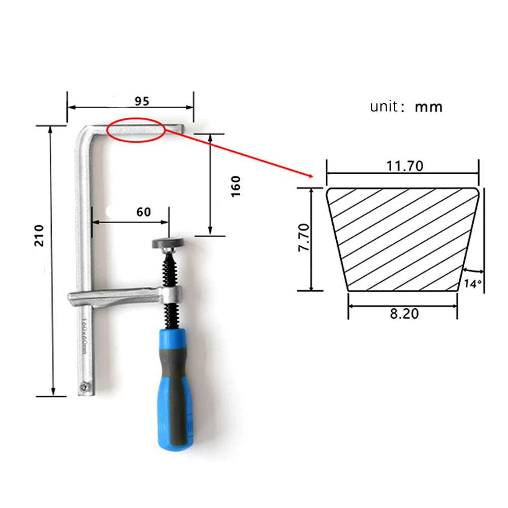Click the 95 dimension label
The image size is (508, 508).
142,101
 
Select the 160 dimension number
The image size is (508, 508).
236,186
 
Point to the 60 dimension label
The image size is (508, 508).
144,212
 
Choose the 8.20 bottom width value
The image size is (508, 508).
404,313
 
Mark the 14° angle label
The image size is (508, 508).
472,283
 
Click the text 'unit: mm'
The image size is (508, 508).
406,107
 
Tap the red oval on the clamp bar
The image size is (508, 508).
136,130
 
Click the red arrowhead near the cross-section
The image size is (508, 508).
310,175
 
